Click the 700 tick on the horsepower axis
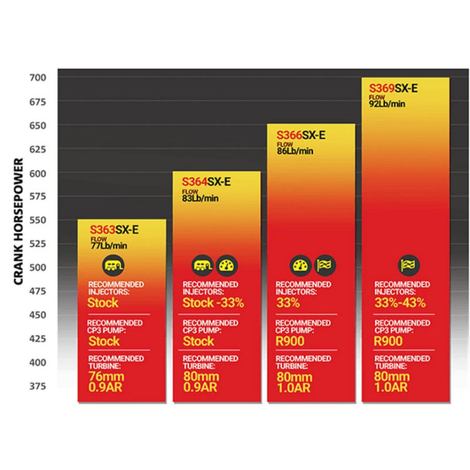click(47, 78)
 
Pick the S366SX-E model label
click(301, 135)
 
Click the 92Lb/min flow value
click(388, 104)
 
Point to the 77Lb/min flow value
click(109, 246)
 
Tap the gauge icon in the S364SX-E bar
click(226, 266)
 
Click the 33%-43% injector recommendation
click(400, 303)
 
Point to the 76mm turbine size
click(103, 377)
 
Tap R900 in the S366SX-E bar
click(290, 341)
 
